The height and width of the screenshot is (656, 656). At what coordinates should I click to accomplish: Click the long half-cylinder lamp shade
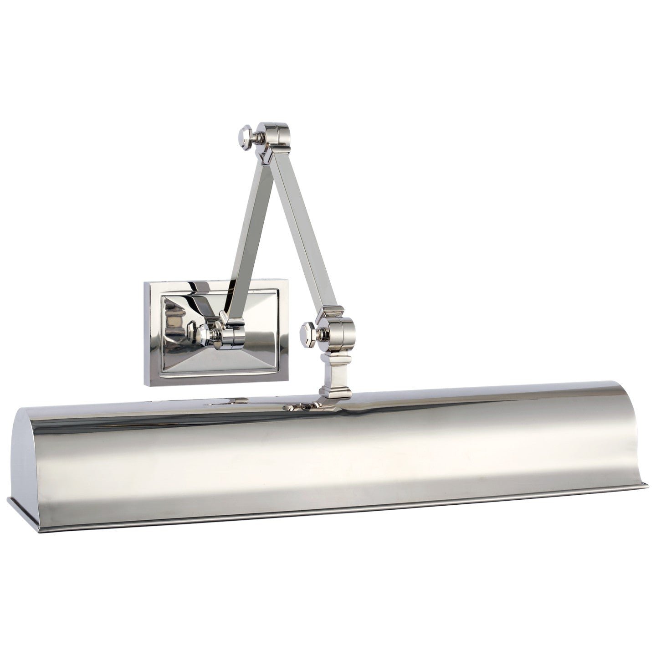(337, 451)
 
